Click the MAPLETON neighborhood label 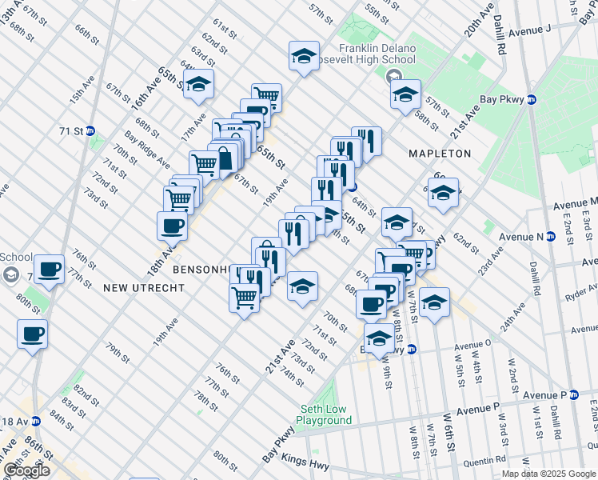click(x=440, y=153)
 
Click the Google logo click(x=26, y=470)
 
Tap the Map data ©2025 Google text click(x=548, y=474)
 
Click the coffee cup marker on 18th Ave click(x=173, y=226)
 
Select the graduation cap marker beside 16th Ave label click(x=198, y=84)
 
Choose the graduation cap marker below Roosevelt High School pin click(x=405, y=94)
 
